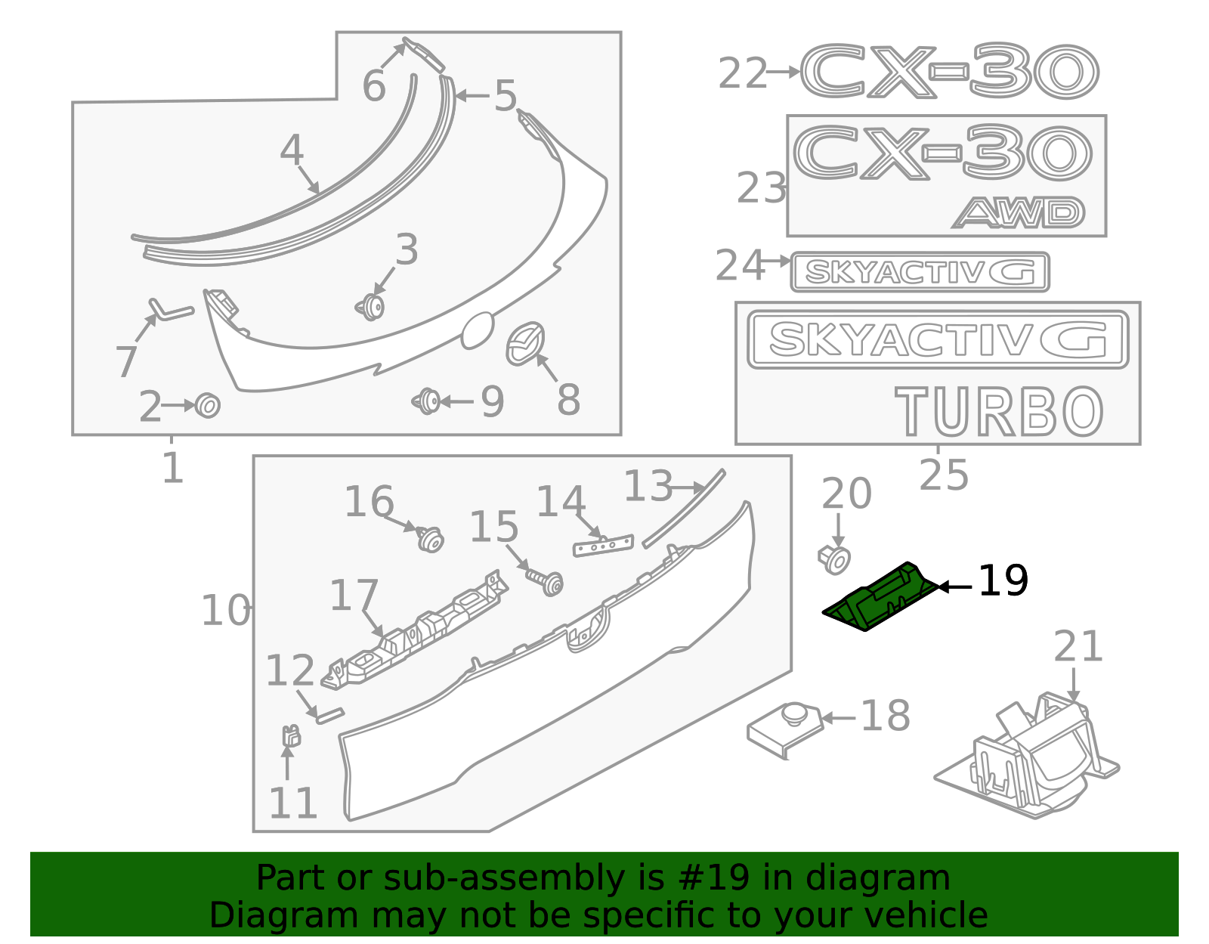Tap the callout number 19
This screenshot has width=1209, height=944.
1003,581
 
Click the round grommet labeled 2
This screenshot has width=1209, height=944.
207,405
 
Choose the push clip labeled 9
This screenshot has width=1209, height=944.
428,401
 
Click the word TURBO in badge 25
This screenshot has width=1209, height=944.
999,411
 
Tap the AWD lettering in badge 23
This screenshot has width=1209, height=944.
1019,213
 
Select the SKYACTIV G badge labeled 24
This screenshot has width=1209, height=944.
920,272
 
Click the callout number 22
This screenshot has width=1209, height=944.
742,74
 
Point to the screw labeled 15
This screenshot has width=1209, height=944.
547,581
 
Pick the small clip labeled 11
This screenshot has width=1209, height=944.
290,735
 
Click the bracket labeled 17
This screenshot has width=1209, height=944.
416,631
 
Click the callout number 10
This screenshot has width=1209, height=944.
225,611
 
